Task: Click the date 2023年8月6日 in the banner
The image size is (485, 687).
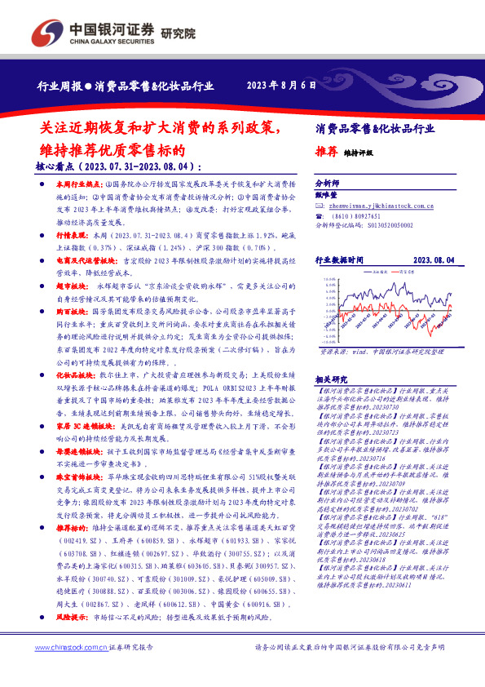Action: [x=280, y=85]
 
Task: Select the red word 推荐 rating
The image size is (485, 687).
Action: [x=325, y=151]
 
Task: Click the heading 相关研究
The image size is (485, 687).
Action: [x=330, y=379]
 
